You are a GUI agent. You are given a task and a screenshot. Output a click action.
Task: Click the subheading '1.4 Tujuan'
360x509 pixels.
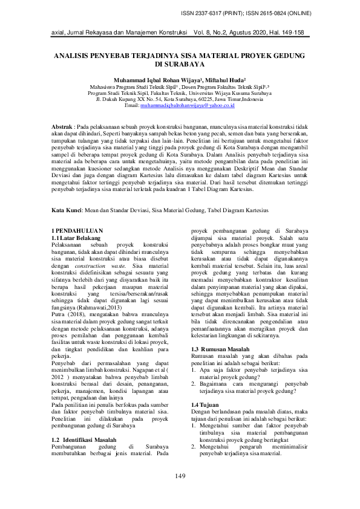[x=203, y=404]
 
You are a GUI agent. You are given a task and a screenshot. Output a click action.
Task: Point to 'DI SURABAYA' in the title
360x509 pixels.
[x=180, y=63]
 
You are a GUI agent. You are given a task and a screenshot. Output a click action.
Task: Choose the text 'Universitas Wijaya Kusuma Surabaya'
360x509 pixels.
[x=250, y=94]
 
